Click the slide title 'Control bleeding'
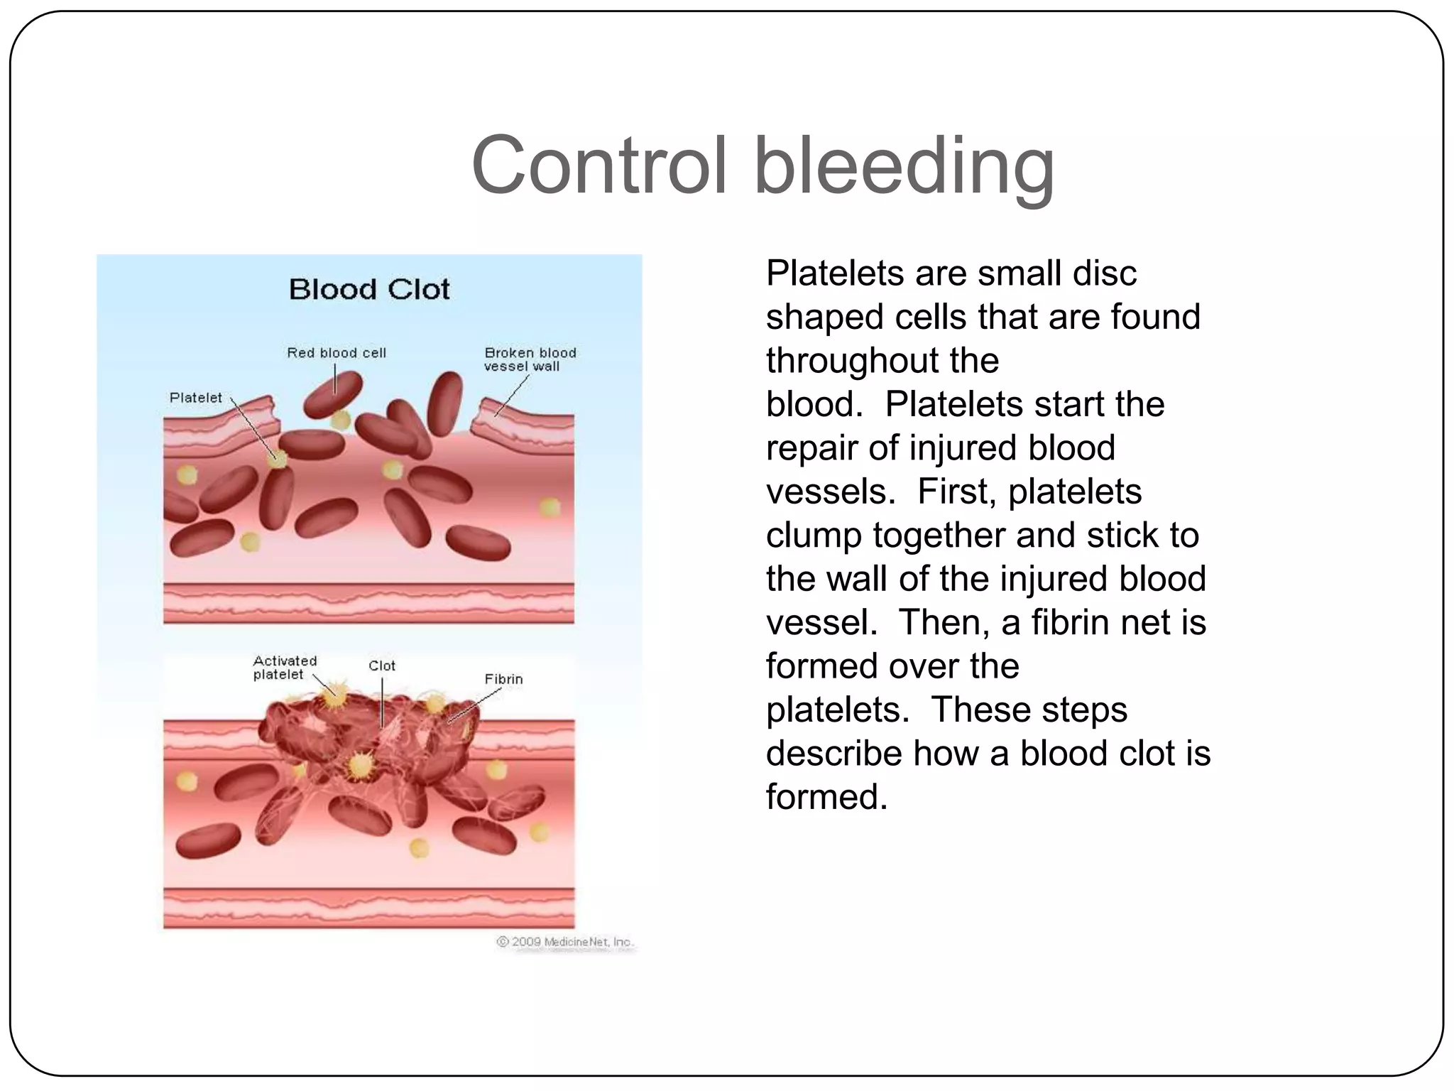tap(762, 165)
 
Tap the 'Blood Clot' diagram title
tap(369, 290)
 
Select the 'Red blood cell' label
tap(337, 353)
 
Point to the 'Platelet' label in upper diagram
tap(196, 398)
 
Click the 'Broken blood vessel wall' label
tap(530, 359)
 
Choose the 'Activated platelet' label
tap(285, 668)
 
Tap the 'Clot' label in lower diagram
tap(382, 666)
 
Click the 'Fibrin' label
tap(503, 679)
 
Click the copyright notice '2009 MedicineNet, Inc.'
tap(565, 942)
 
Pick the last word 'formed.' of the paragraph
tap(826, 797)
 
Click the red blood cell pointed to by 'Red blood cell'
tap(332, 395)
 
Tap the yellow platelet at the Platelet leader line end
tap(278, 459)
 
